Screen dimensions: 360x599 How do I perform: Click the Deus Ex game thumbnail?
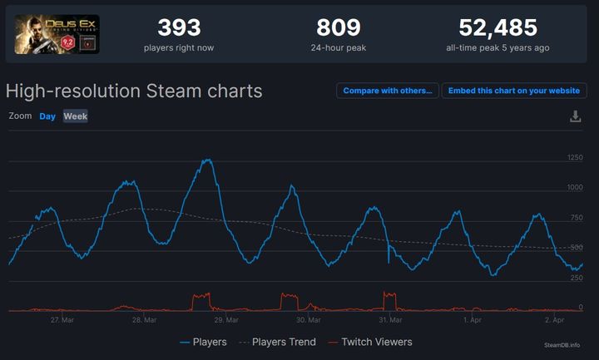57,34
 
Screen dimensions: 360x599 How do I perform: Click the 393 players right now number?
179,28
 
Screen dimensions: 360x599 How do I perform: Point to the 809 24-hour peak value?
339,28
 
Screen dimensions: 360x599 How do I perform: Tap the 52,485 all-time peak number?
498,28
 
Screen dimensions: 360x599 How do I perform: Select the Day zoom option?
47,116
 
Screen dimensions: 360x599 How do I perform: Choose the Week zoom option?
76,116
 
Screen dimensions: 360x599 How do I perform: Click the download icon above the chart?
575,116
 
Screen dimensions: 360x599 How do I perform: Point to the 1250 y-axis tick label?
574,158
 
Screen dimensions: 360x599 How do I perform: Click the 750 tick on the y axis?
575,218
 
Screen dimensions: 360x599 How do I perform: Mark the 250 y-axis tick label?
575,278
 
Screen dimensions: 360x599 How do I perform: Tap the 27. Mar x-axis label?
62,319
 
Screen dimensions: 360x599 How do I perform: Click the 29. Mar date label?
226,319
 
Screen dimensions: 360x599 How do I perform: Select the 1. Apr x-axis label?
473,319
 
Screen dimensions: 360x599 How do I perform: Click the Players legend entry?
204,342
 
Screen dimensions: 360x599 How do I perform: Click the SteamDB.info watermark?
563,345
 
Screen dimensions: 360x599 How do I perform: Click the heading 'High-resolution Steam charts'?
134,91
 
